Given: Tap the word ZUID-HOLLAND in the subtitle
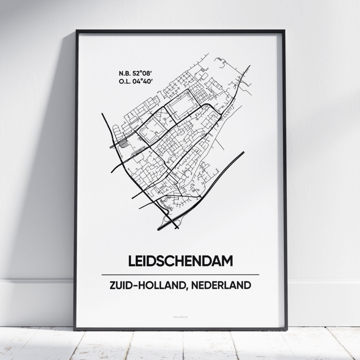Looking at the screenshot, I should tap(146, 285).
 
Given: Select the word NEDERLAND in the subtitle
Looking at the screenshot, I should tap(219, 285).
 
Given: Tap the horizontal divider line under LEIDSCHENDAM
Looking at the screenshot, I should tap(180, 275).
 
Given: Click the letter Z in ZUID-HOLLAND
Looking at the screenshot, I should tap(112, 285).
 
